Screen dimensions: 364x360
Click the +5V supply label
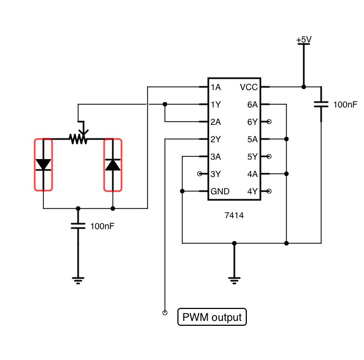304,40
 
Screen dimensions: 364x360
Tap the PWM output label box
212,317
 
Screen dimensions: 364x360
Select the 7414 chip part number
234,216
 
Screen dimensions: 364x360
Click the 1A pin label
216,87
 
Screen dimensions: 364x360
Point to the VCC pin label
248,87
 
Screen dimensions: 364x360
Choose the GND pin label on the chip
220,191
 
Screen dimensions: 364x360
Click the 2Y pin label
216,139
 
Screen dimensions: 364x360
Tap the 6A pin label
253,105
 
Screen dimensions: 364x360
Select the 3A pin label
216,156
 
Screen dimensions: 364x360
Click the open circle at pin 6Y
269,122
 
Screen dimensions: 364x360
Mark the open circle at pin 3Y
200,174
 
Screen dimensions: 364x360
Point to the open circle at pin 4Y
269,191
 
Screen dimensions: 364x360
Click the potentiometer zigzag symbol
78,139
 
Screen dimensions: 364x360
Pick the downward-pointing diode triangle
43,165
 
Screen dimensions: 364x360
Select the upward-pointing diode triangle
113,165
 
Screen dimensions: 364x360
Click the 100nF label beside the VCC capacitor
345,105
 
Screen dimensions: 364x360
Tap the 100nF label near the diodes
103,226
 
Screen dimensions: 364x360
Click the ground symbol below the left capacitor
78,281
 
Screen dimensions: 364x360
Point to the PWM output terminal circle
165,313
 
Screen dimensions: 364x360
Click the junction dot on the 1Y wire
165,104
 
